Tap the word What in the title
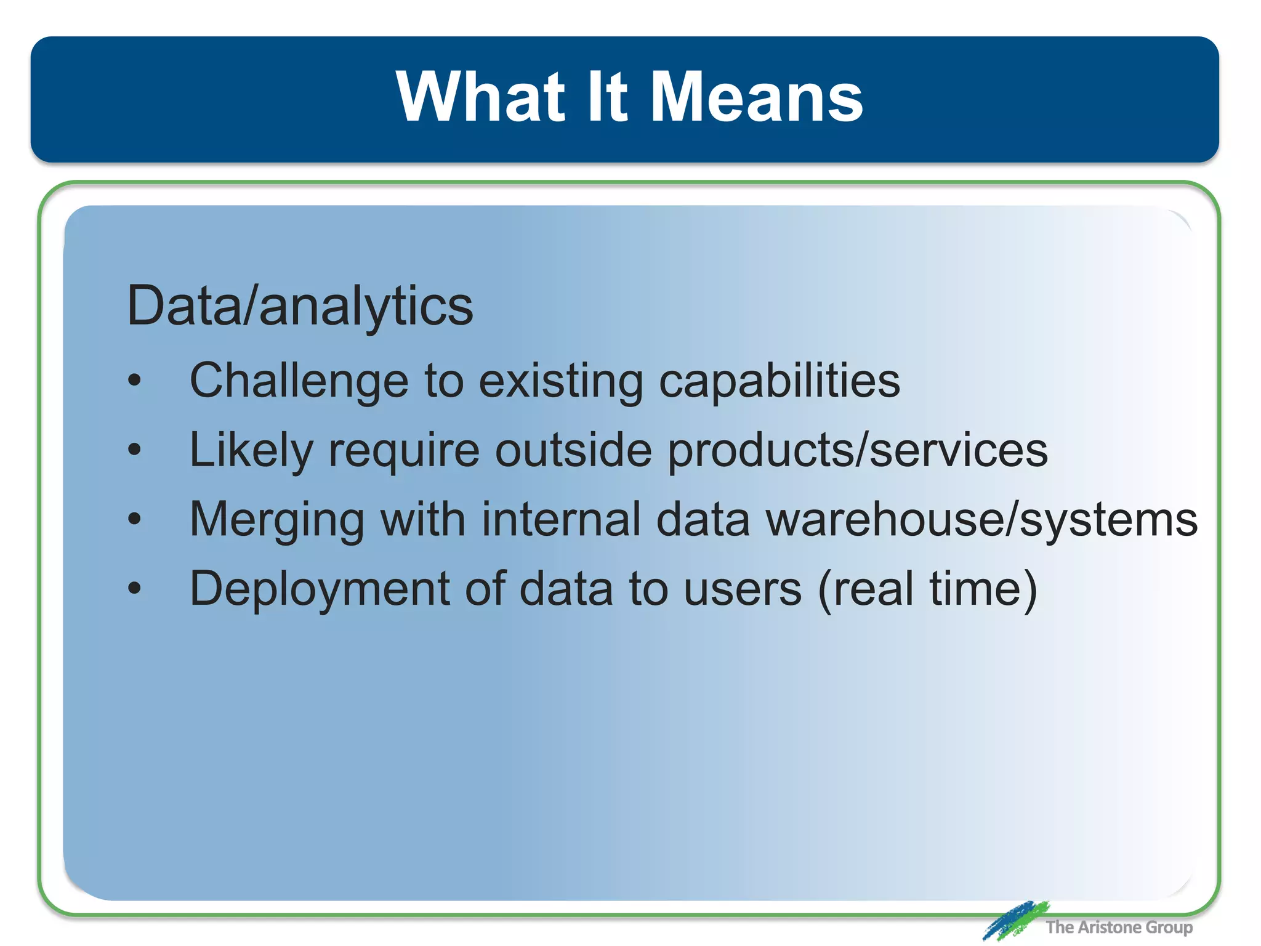pyautogui.click(x=481, y=97)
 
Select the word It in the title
pyautogui.click(x=606, y=97)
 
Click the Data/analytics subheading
pyautogui.click(x=300, y=307)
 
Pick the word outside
pyautogui.click(x=573, y=450)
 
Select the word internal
pyautogui.click(x=561, y=520)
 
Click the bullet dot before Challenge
pyautogui.click(x=134, y=381)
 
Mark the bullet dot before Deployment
pyautogui.click(x=134, y=589)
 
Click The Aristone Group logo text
pyautogui.click(x=1118, y=927)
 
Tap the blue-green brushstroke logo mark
pyautogui.click(x=1015, y=920)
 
